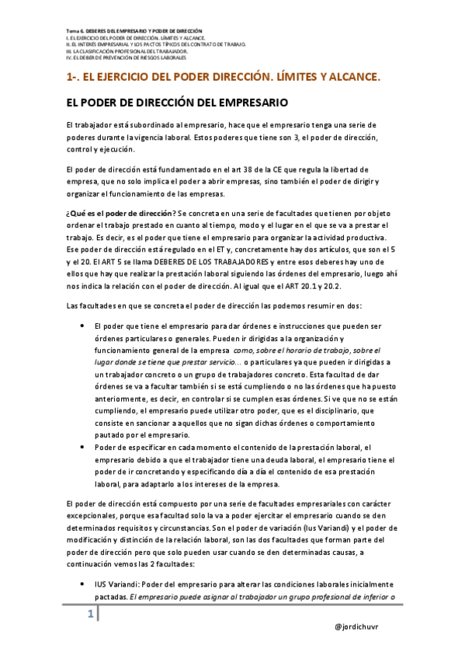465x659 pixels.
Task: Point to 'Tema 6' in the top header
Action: [x=73, y=29]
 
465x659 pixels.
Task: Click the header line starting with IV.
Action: [x=126, y=57]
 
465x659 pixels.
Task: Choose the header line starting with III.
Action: [x=121, y=51]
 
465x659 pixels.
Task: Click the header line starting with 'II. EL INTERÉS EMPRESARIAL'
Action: [x=157, y=44]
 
